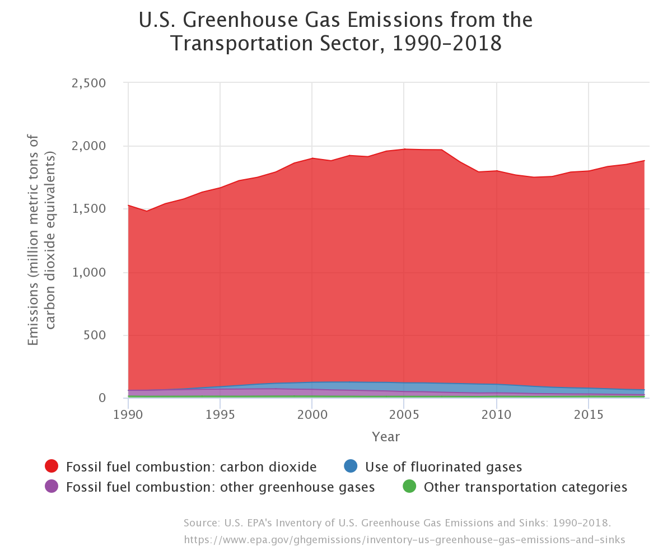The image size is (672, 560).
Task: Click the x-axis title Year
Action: click(x=386, y=436)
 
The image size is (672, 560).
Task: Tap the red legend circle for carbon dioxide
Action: click(x=52, y=466)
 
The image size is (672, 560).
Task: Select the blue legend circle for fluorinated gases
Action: click(x=351, y=466)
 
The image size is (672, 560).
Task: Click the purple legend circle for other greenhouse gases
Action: click(x=52, y=487)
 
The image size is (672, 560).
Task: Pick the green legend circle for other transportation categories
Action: click(x=409, y=487)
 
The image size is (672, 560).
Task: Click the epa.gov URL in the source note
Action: click(x=404, y=540)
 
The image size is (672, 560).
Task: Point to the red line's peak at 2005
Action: click(x=404, y=149)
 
